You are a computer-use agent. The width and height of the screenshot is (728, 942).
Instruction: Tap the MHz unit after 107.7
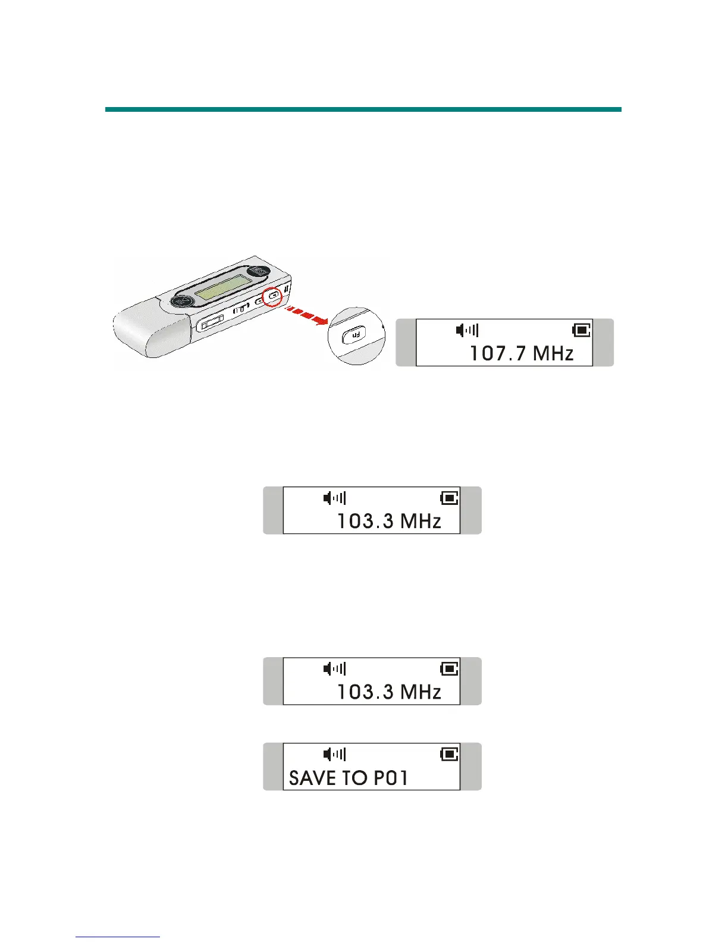[x=553, y=354]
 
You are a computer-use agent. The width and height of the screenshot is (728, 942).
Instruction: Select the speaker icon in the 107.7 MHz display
[x=467, y=330]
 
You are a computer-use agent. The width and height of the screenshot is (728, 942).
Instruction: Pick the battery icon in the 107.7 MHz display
[x=580, y=330]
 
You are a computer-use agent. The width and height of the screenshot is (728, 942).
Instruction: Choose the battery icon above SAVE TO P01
[x=449, y=754]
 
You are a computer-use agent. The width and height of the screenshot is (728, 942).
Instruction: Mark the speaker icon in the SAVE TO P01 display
[x=334, y=754]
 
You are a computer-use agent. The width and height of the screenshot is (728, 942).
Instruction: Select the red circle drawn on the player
[x=273, y=295]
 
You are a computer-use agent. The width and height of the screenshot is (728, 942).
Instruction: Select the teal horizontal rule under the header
[x=363, y=109]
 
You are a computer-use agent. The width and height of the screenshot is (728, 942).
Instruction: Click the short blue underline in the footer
[x=118, y=937]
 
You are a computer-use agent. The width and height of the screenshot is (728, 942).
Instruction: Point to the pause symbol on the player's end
[x=287, y=290]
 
